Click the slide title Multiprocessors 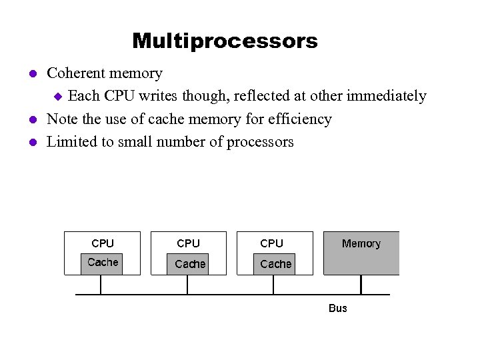[225, 41]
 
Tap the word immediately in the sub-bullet [386, 96]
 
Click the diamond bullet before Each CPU [57, 97]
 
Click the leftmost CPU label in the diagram [103, 243]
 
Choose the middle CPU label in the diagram [188, 243]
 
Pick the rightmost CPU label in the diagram [271, 243]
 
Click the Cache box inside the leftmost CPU [103, 263]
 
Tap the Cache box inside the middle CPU [189, 264]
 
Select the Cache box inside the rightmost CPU [275, 264]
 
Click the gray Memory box [361, 253]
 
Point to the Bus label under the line [338, 308]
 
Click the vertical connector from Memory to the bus [361, 285]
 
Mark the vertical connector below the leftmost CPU [101, 285]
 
